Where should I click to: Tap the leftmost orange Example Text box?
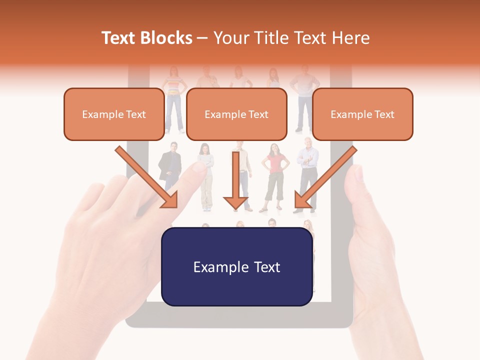[114, 114]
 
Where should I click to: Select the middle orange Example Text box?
[236, 114]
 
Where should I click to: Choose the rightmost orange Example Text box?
[362, 114]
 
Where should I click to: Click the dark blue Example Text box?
[237, 266]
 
